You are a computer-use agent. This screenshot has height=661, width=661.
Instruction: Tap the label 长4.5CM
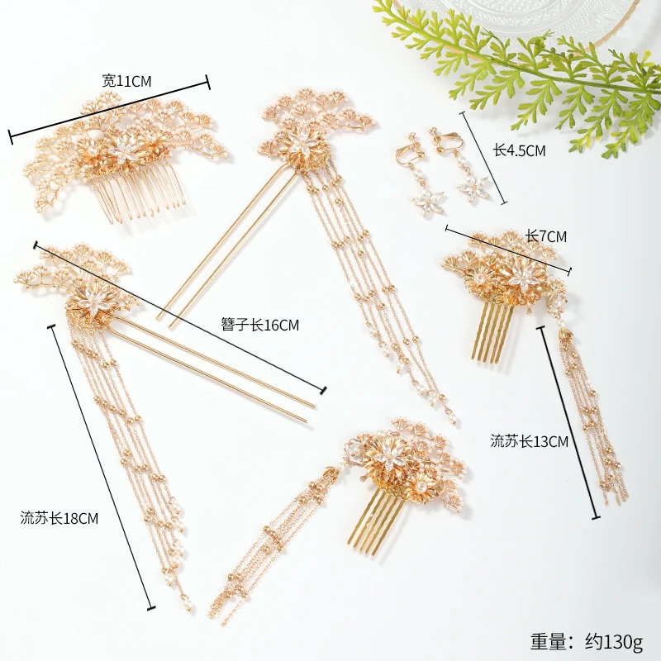519,150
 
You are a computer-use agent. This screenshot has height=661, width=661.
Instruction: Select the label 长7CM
546,236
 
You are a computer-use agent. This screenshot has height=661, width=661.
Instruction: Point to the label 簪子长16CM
259,325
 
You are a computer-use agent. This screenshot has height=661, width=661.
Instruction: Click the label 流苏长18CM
59,519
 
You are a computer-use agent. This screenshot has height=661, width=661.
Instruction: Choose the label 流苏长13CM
529,441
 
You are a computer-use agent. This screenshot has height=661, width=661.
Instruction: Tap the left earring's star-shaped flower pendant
429,198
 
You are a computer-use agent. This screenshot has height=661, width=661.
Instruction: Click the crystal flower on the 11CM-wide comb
126,149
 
